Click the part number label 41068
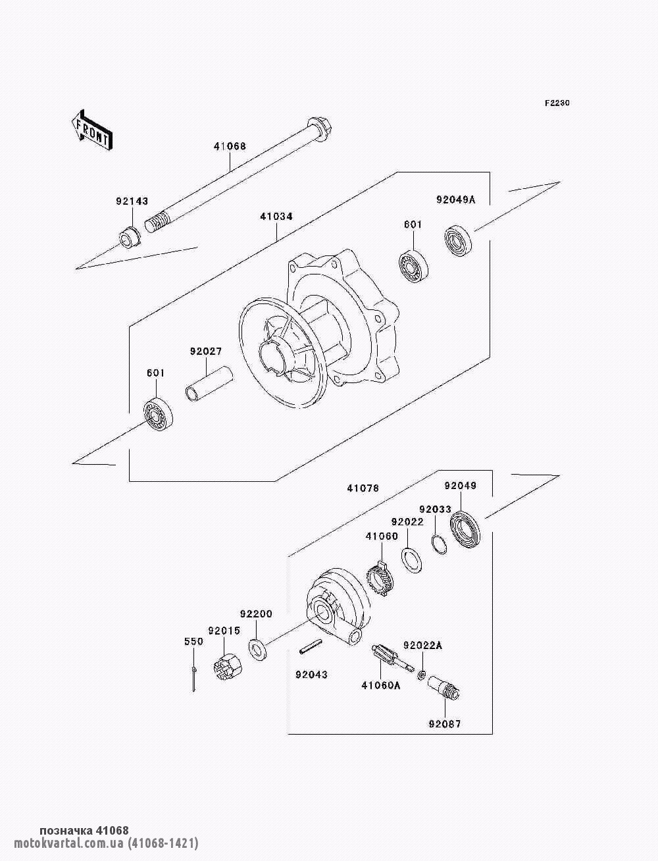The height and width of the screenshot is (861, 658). [x=229, y=146]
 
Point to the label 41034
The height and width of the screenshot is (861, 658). [x=276, y=216]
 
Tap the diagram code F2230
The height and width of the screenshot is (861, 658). [x=557, y=103]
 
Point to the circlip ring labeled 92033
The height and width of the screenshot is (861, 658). [x=440, y=544]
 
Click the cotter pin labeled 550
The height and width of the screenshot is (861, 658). [x=194, y=679]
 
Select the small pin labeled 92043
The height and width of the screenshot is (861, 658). [x=311, y=649]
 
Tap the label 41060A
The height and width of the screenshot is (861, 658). [x=381, y=685]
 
